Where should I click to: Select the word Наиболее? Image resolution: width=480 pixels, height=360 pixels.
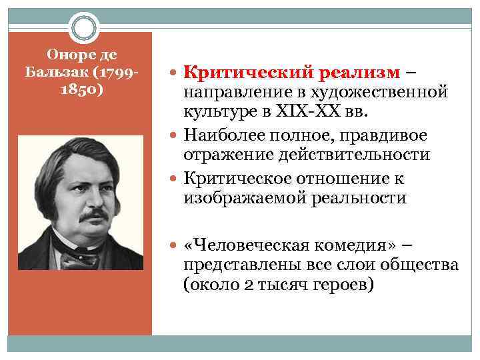[227, 135]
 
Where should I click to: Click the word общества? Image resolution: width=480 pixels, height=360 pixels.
[419, 265]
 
